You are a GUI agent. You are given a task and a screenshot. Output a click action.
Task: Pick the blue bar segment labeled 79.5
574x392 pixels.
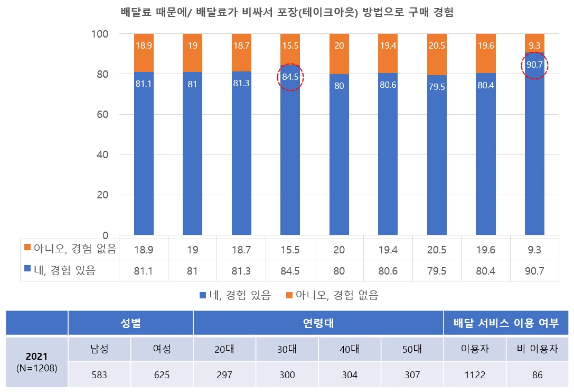tap(437, 159)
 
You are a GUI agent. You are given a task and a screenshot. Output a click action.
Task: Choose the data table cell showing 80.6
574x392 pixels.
tap(388, 271)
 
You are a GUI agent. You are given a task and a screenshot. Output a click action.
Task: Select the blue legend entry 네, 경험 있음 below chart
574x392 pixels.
tap(235, 295)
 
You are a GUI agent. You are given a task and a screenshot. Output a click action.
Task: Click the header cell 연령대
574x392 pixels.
tap(318, 323)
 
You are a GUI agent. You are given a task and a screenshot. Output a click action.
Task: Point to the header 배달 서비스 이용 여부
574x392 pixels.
tap(506, 323)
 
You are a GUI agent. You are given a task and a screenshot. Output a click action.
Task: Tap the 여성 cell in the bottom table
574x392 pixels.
tap(162, 350)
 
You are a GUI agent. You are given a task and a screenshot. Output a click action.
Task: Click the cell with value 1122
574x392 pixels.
tap(475, 375)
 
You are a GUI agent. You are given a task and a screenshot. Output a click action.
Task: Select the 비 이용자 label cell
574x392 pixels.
tap(537, 350)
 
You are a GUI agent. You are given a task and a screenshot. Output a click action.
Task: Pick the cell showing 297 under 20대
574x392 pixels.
tap(224, 375)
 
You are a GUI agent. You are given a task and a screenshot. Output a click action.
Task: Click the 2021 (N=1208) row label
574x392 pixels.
tap(37, 362)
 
